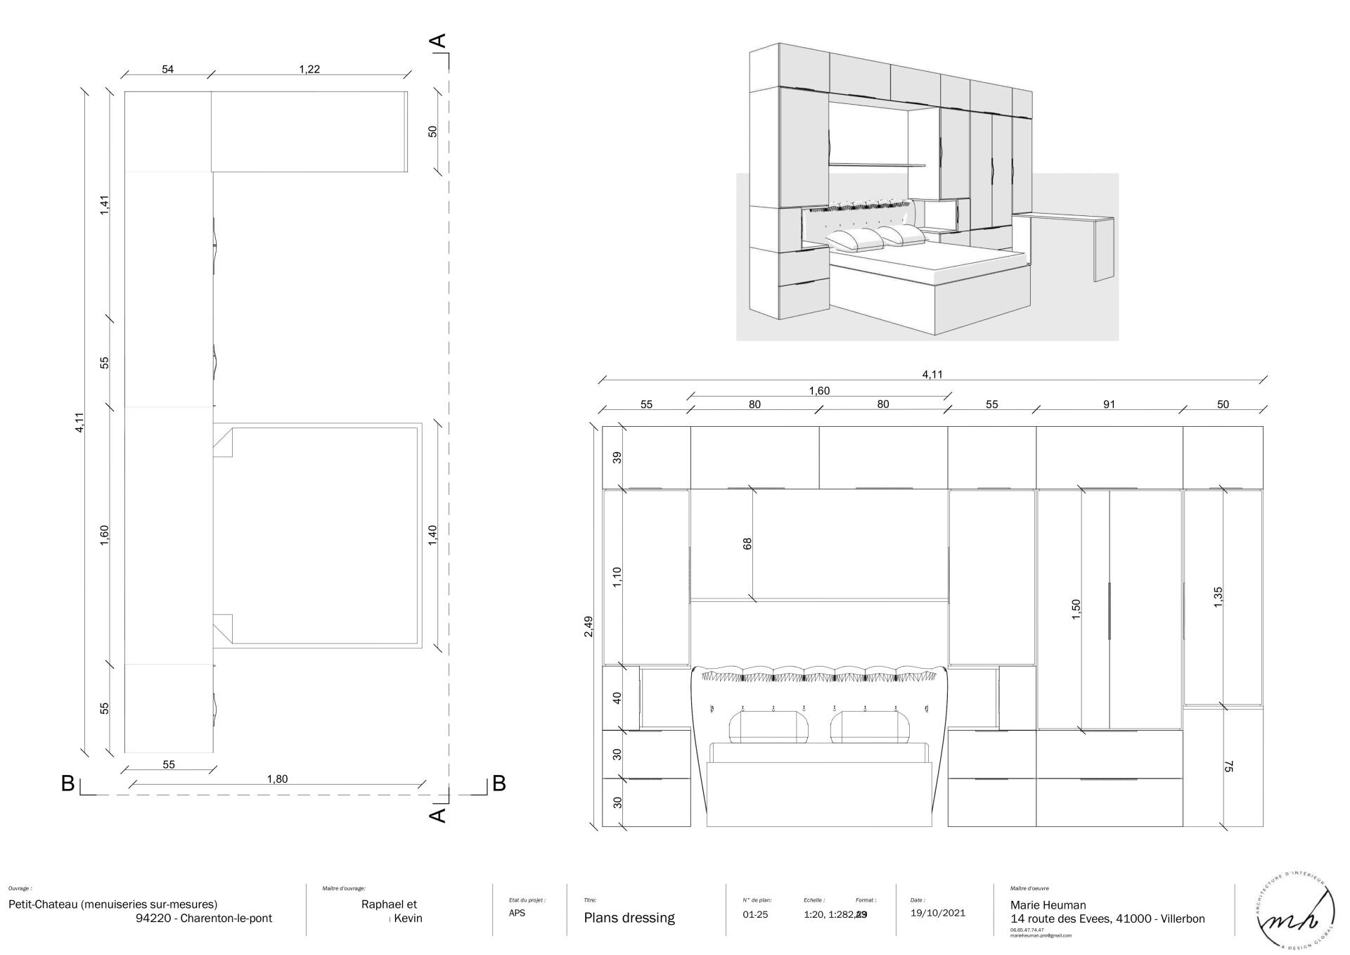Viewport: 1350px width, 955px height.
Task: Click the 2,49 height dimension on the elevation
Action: pyautogui.click(x=589, y=626)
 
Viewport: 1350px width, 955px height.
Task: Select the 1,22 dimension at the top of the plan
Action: pyautogui.click(x=309, y=69)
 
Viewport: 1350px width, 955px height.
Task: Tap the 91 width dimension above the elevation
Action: pyautogui.click(x=1109, y=404)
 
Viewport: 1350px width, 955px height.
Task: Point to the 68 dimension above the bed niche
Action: pyautogui.click(x=747, y=544)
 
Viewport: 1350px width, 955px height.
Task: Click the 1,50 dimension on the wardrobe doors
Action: pyautogui.click(x=1076, y=609)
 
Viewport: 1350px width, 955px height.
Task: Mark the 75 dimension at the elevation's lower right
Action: pyautogui.click(x=1228, y=767)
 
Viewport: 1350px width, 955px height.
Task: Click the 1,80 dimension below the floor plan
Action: pyautogui.click(x=277, y=778)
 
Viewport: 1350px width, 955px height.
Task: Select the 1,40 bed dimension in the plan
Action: pyautogui.click(x=432, y=534)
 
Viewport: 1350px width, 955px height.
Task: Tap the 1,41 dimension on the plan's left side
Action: pyautogui.click(x=105, y=205)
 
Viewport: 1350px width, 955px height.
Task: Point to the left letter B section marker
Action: pyautogui.click(x=68, y=783)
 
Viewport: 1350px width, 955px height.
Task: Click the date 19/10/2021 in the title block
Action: pyautogui.click(x=938, y=914)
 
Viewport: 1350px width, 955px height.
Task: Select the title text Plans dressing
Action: pyautogui.click(x=629, y=918)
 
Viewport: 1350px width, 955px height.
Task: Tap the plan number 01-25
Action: pyautogui.click(x=756, y=915)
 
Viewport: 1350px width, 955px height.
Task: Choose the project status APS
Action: pyautogui.click(x=517, y=913)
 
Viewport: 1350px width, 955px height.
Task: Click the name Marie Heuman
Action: pyautogui.click(x=1048, y=905)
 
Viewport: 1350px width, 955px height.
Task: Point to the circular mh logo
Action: pyautogui.click(x=1295, y=914)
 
